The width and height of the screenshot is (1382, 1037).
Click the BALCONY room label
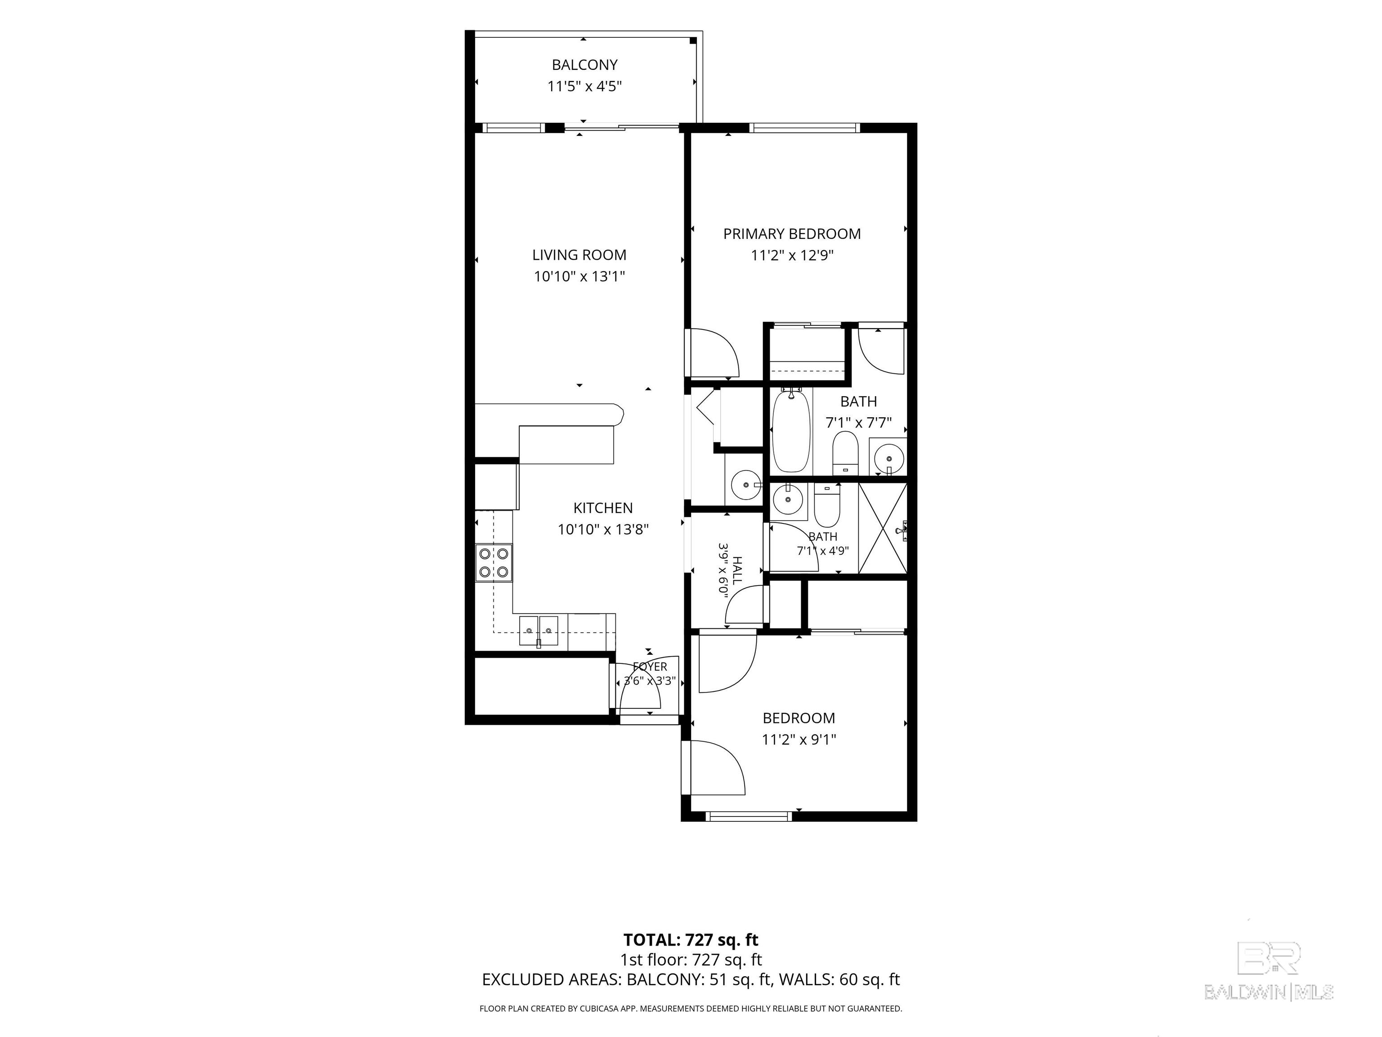click(x=584, y=64)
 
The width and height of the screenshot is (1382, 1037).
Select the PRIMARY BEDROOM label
click(x=792, y=234)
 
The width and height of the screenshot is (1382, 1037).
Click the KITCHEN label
click(x=603, y=508)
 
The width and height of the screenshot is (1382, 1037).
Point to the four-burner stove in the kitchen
click(x=494, y=563)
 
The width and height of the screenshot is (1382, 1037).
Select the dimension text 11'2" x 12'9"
click(x=792, y=255)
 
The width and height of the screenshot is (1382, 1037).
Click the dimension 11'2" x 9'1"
click(x=799, y=739)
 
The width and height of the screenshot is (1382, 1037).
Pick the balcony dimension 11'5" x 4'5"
click(x=584, y=86)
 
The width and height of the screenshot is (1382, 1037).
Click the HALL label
click(x=737, y=570)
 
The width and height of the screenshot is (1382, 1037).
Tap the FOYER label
click(x=650, y=666)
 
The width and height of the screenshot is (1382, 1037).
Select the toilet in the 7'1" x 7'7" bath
click(x=846, y=452)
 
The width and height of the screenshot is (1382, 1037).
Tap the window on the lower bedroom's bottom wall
click(x=749, y=816)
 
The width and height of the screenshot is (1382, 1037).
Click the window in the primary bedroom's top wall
click(x=804, y=128)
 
